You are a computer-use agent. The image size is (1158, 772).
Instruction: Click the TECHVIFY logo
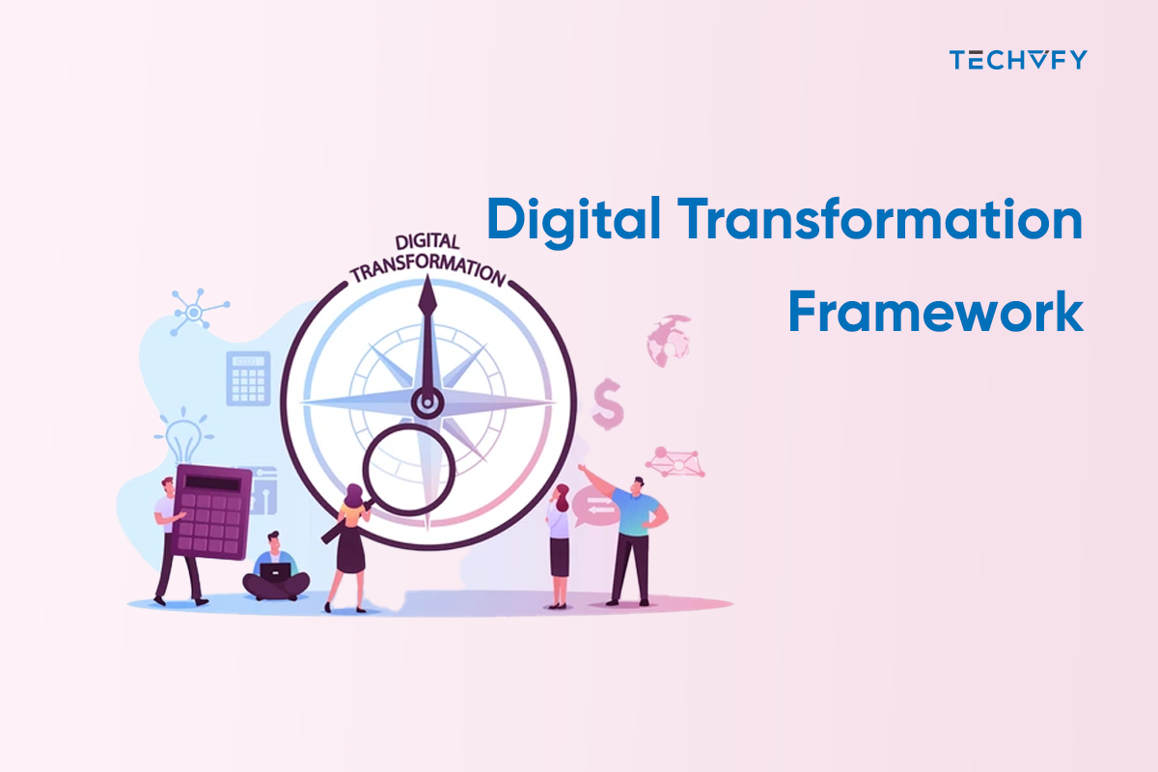pos(1018,60)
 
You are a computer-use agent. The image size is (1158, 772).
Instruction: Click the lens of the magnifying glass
pos(405,470)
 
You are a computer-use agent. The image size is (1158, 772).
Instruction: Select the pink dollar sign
pos(608,403)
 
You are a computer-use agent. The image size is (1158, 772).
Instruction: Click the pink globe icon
pos(670,341)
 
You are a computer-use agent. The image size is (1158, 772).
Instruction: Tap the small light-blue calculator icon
pos(248,377)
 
